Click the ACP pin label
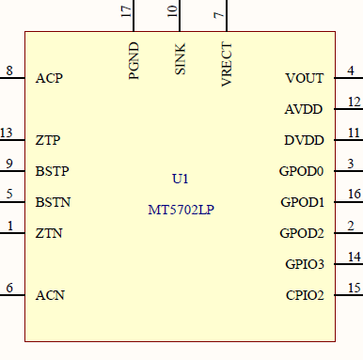(x=49, y=78)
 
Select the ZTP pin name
(x=49, y=140)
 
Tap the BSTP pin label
(x=53, y=171)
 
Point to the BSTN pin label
(x=53, y=202)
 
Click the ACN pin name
(x=50, y=295)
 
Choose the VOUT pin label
(x=304, y=78)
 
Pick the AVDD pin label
(x=304, y=109)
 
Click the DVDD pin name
(x=304, y=140)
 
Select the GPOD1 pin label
(x=302, y=202)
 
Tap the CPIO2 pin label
(x=304, y=295)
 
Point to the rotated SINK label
(x=180, y=59)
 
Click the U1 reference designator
(x=181, y=179)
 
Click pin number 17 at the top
(x=126, y=11)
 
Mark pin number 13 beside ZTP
(x=8, y=133)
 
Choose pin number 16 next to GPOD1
(x=353, y=195)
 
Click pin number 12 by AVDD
(x=353, y=102)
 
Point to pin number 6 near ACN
(x=9, y=288)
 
